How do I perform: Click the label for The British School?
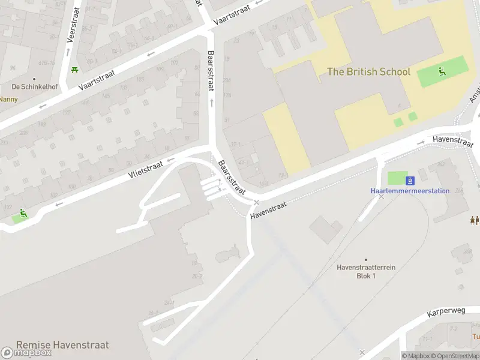368,72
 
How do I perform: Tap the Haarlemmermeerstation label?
410,191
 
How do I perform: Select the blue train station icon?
410,180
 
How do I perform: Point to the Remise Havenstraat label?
62,345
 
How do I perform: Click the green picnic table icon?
74,71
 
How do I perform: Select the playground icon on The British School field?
442,72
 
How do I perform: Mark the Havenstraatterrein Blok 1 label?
365,271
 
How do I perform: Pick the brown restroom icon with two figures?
475,220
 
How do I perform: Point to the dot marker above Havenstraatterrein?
365,259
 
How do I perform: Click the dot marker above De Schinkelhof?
34,79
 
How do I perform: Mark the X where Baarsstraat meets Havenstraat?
256,202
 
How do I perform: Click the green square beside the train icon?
396,179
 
